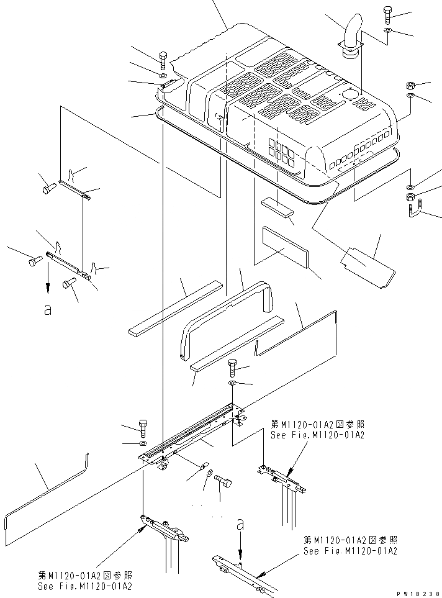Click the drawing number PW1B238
416,592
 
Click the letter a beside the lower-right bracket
240,524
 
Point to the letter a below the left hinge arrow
47,310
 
